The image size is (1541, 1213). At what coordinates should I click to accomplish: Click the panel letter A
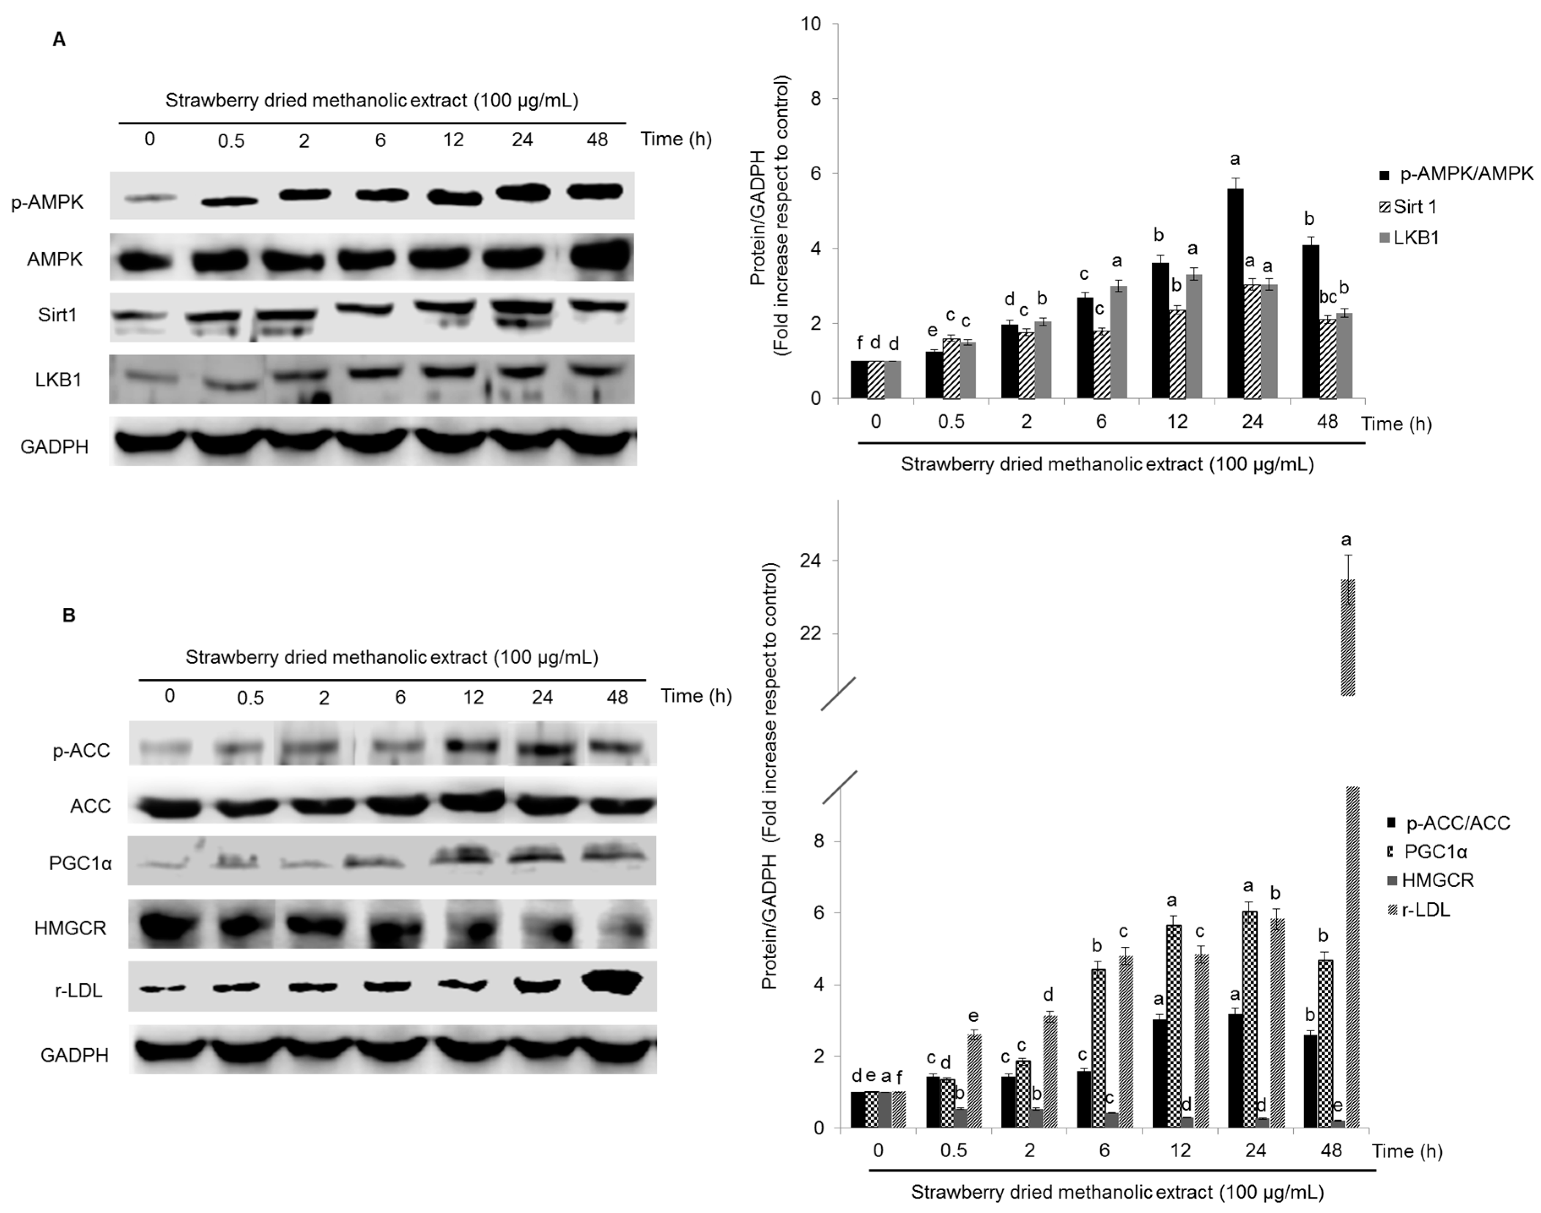click(x=60, y=40)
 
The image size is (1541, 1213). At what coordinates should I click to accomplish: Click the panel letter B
click(x=69, y=615)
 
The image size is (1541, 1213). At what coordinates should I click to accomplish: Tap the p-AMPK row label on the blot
click(x=48, y=202)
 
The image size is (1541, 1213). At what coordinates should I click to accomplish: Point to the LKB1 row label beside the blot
click(x=58, y=380)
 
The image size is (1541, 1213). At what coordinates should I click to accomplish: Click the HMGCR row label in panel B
click(x=70, y=928)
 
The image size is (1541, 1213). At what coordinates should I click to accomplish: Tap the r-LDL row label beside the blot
click(x=78, y=990)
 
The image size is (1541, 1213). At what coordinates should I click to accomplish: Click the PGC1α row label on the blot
click(x=80, y=863)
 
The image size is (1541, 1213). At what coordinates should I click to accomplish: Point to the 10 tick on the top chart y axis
click(x=811, y=24)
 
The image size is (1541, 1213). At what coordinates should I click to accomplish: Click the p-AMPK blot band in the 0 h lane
click(x=149, y=198)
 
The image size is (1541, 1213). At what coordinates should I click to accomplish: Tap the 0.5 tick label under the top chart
click(x=951, y=422)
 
